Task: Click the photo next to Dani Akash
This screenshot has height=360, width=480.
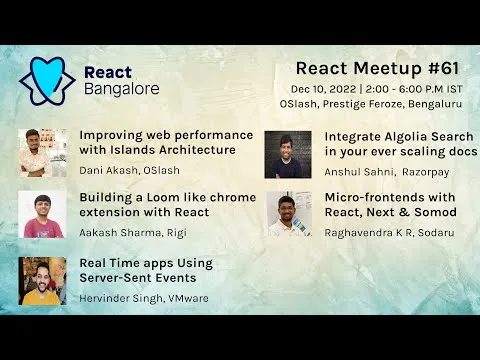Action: (x=42, y=152)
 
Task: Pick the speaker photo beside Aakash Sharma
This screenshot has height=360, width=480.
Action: (x=42, y=214)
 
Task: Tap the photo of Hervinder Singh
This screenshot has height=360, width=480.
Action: (x=42, y=279)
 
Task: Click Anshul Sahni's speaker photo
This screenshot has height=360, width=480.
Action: (x=288, y=155)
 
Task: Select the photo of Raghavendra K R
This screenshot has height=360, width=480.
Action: (x=288, y=214)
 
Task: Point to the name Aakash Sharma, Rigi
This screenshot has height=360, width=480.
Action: (x=135, y=232)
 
